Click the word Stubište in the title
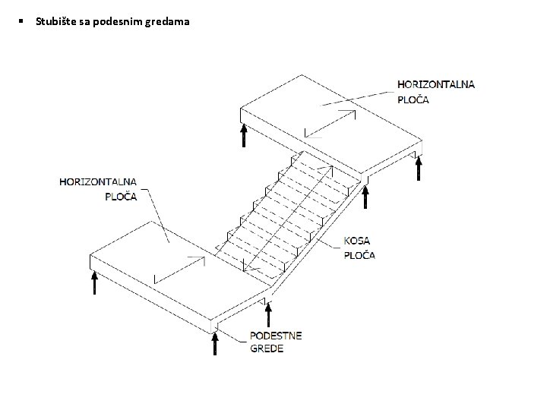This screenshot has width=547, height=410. click(53, 22)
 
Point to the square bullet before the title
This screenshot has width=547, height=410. click(24, 21)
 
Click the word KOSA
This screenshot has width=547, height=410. click(358, 241)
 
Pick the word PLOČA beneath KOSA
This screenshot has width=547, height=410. click(360, 255)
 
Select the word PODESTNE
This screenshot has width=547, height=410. click(276, 336)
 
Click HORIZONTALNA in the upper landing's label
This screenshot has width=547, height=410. click(436, 84)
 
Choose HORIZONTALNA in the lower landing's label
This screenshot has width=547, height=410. click(98, 182)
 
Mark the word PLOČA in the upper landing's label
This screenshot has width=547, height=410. click(413, 99)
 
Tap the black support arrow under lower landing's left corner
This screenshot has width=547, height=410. click(94, 282)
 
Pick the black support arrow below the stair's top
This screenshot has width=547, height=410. click(365, 196)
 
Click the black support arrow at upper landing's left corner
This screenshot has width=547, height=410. click(244, 135)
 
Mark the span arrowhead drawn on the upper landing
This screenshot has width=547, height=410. click(352, 112)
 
